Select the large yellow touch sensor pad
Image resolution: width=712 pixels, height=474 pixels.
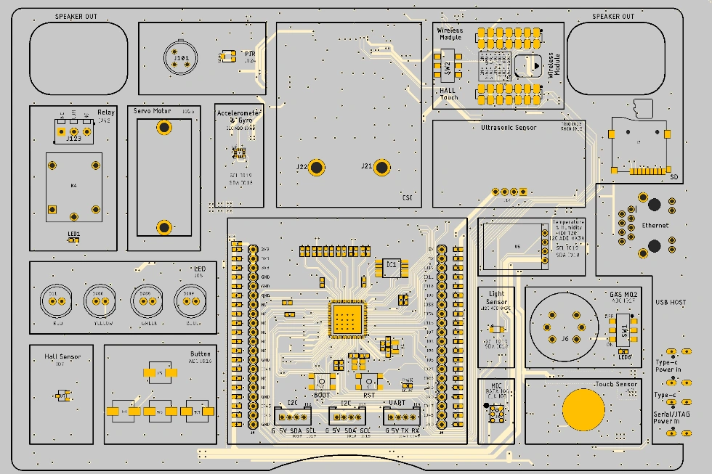(x=583, y=408)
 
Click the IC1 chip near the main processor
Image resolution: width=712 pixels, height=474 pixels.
(x=392, y=267)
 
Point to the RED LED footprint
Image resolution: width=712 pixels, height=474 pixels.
(x=53, y=300)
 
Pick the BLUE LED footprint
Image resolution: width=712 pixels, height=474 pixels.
(x=187, y=300)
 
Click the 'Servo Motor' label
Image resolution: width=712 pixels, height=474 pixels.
(x=152, y=112)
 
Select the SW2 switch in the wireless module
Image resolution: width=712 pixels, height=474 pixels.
(x=448, y=68)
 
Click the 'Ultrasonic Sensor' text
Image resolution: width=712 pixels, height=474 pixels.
(x=509, y=127)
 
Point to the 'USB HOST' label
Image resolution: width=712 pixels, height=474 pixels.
(x=670, y=302)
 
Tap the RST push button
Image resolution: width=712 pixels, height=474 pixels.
(x=369, y=382)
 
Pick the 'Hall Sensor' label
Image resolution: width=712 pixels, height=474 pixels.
(x=62, y=356)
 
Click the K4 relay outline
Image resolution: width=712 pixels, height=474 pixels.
(x=73, y=187)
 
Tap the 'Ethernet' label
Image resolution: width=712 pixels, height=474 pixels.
(x=655, y=226)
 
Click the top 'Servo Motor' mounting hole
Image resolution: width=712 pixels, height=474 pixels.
(x=165, y=128)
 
